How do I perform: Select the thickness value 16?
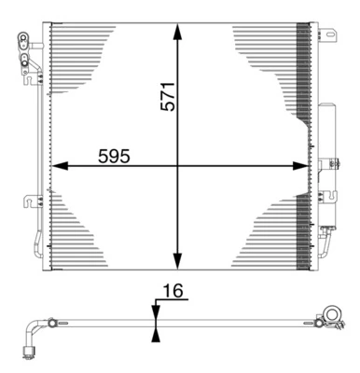pyautogui.click(x=169, y=291)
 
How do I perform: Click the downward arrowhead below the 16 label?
pyautogui.click(x=156, y=311)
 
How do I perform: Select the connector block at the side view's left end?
pyautogui.click(x=27, y=352)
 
